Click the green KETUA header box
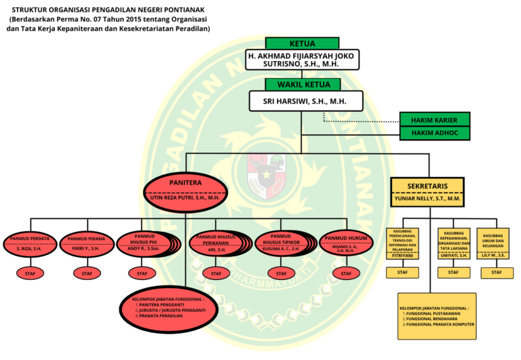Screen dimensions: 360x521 tap(303, 43)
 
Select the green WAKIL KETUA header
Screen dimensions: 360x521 tap(303, 85)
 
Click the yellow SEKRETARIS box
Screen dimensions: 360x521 tap(426, 193)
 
